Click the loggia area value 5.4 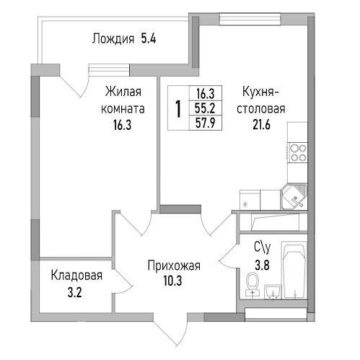pos(147,39)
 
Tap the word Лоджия pos(113,39)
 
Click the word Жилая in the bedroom pos(122,92)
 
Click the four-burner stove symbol pos(299,152)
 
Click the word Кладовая pos(76,275)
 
